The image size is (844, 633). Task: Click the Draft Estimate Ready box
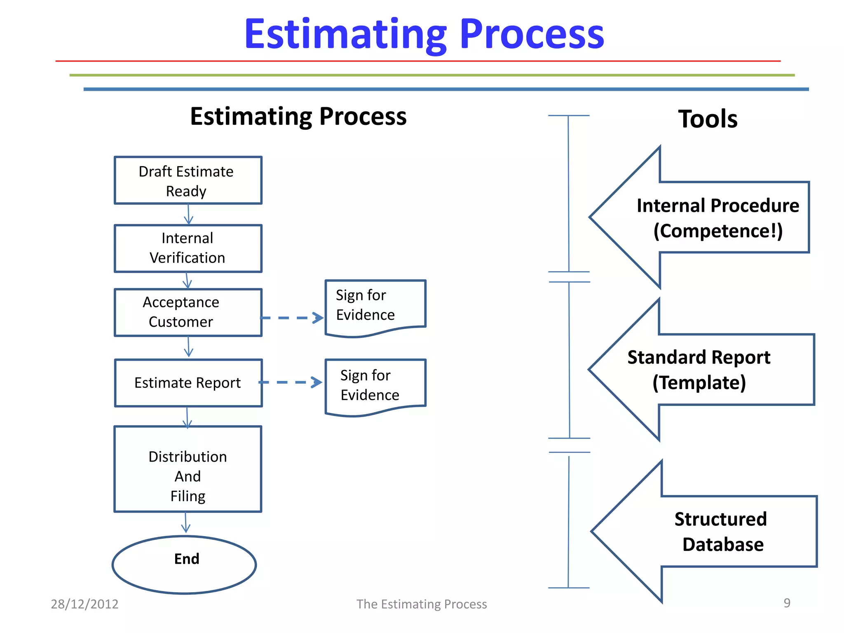point(188,181)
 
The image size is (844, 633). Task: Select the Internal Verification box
point(188,248)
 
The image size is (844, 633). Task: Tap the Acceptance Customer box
point(188,312)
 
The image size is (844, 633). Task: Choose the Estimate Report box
point(188,383)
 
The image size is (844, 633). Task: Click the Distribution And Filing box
point(188,469)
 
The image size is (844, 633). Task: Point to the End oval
point(185,564)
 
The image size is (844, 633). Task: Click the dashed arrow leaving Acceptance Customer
point(292,318)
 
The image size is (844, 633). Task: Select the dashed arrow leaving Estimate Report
point(290,382)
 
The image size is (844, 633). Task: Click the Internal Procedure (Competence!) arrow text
point(717,218)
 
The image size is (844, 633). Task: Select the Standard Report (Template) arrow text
point(699,370)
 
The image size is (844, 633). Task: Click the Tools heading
point(708,119)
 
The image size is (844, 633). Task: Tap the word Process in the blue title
point(532,34)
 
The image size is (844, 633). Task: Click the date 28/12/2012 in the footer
point(84,604)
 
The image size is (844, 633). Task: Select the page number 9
point(787,603)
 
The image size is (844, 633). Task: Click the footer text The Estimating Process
point(422,604)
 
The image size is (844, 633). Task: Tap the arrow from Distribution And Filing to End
point(186,523)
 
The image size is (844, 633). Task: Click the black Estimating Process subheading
point(298,117)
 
